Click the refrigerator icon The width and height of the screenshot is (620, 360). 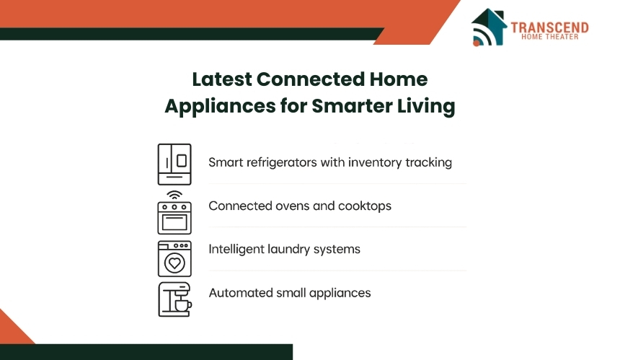click(x=174, y=164)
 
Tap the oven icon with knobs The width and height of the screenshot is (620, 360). click(x=174, y=218)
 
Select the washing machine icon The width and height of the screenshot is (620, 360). click(x=174, y=259)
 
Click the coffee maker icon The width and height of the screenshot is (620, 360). click(x=174, y=299)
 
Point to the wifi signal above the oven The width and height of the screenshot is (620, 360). click(x=174, y=195)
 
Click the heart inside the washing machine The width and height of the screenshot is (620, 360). click(x=174, y=263)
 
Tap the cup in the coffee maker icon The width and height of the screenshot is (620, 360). click(x=183, y=305)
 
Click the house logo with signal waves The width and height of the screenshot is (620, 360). click(x=489, y=27)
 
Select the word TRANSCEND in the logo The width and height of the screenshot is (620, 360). click(x=549, y=27)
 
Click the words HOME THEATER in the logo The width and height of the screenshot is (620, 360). click(x=549, y=37)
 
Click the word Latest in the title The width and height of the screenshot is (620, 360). click(x=222, y=79)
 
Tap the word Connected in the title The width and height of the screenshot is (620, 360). click(x=311, y=79)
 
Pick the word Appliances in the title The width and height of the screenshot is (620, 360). click(x=220, y=107)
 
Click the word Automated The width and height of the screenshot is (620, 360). click(x=241, y=293)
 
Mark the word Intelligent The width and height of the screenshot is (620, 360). click(x=236, y=249)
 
